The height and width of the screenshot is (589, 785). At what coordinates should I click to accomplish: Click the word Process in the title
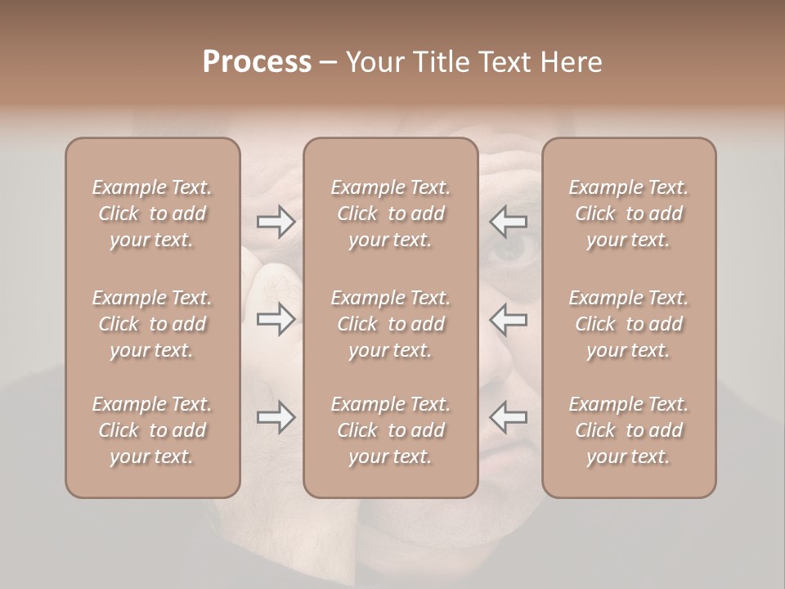pos(257,62)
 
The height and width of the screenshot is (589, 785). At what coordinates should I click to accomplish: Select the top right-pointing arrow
pos(276,221)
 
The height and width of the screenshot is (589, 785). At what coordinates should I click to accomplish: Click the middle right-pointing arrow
pos(276,319)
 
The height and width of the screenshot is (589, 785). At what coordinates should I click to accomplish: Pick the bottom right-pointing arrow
pos(276,417)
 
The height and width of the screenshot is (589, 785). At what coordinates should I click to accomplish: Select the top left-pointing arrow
pos(509,221)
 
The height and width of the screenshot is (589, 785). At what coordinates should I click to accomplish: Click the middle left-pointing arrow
pos(509,319)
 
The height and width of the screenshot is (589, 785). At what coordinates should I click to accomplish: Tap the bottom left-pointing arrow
pos(509,417)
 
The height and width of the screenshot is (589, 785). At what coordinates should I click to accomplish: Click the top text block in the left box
pos(152,214)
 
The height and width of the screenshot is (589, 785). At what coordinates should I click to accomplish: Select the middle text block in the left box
pos(152,324)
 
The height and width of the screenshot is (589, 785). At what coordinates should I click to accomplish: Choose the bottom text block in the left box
pos(152,430)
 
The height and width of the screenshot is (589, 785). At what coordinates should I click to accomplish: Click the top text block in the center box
pos(390,214)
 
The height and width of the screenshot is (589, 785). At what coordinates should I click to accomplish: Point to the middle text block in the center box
pos(390,324)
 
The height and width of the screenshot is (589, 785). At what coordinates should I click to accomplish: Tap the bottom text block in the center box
pos(390,430)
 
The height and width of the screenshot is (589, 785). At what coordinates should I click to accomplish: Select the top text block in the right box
pos(628,214)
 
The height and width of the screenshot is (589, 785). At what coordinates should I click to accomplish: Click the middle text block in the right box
pos(628,324)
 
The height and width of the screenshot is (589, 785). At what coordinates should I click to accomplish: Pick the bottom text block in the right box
pos(628,430)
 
